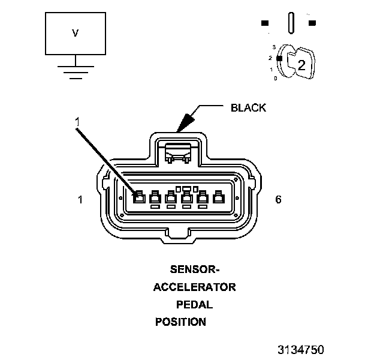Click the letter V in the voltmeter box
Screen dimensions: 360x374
(x=75, y=34)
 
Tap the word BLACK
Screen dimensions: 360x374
(x=248, y=109)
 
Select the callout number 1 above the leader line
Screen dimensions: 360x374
(x=77, y=122)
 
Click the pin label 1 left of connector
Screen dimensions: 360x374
(x=80, y=199)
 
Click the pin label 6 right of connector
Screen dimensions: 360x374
(x=278, y=199)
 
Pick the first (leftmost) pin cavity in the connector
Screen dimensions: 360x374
(x=138, y=197)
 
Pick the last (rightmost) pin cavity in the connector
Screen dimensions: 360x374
(x=219, y=197)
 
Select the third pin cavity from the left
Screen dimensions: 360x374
(x=171, y=197)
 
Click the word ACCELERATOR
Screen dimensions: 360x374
(x=194, y=287)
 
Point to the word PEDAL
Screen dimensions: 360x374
(x=194, y=304)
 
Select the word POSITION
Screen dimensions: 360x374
(x=180, y=322)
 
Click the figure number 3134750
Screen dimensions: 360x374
(x=300, y=349)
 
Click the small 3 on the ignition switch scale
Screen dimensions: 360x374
(x=274, y=46)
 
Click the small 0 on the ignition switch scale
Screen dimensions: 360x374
(x=275, y=78)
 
